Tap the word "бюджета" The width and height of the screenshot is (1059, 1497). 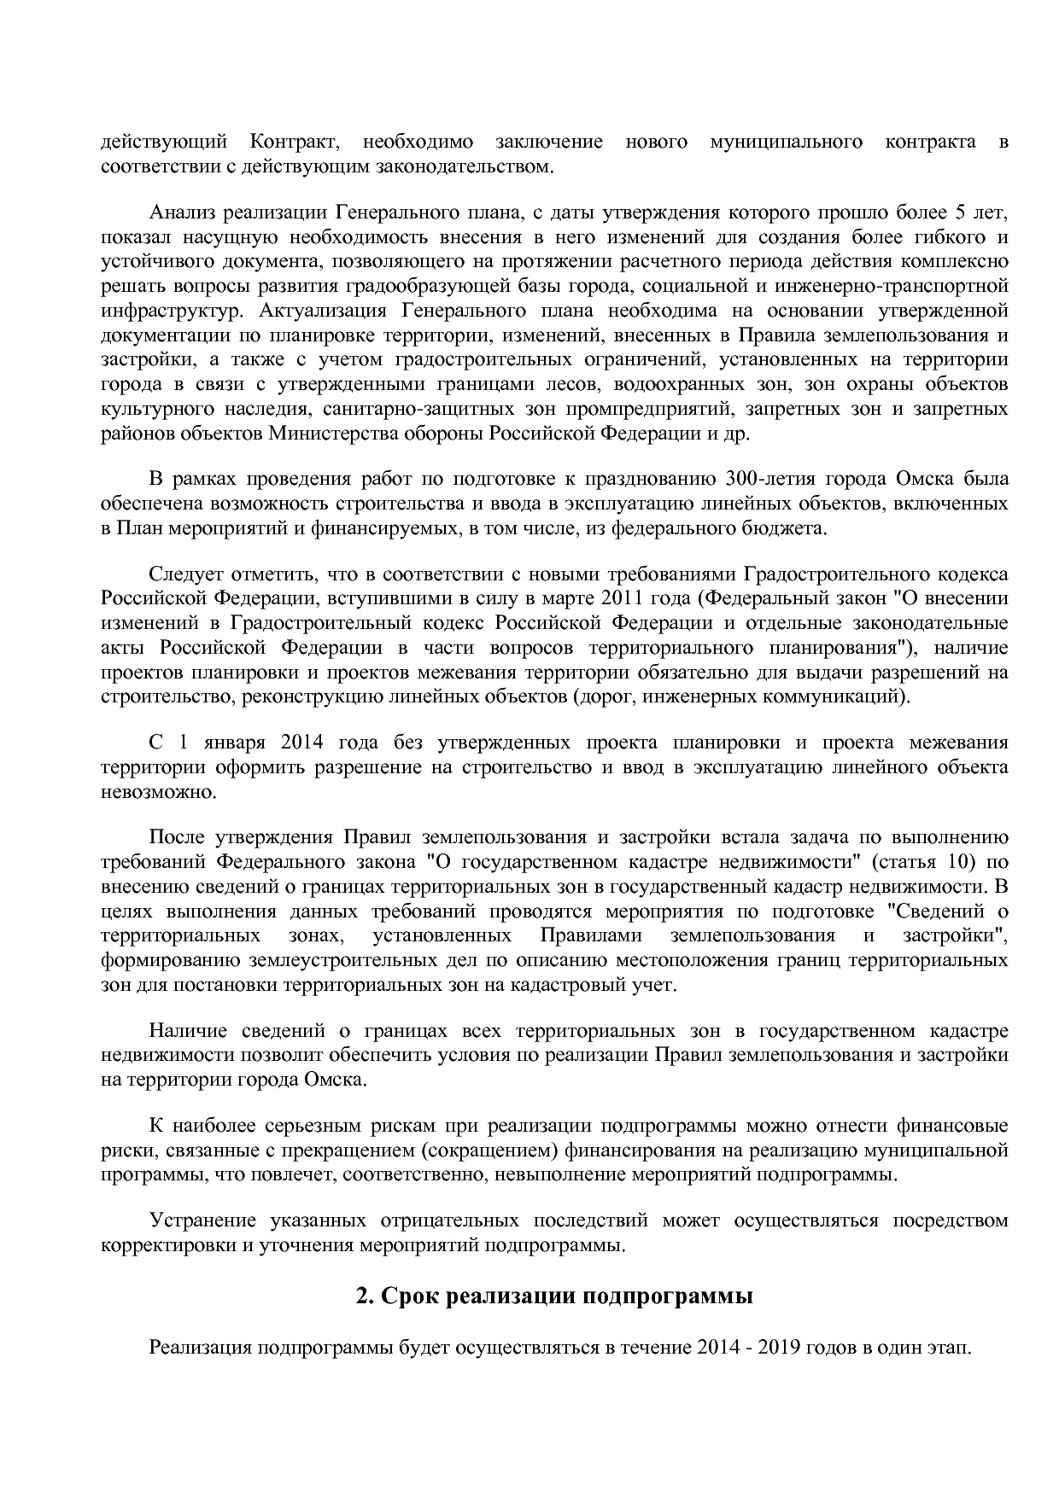point(783,528)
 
